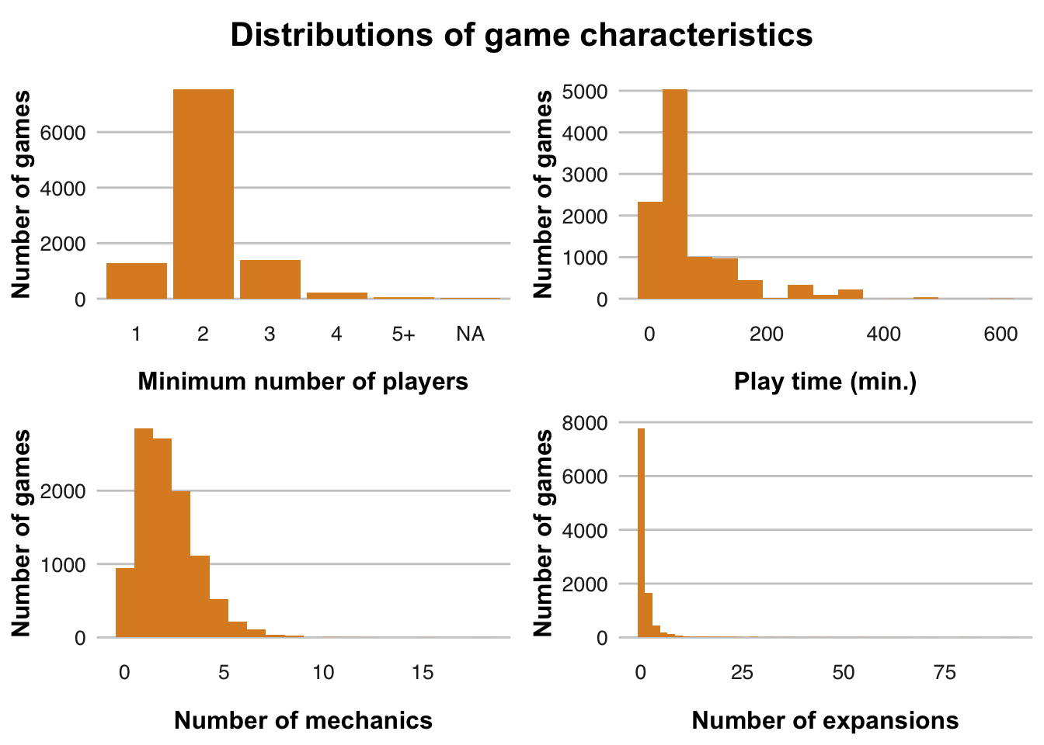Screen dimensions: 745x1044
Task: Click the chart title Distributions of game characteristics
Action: coord(521,35)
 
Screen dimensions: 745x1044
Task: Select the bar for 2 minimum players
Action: coord(204,194)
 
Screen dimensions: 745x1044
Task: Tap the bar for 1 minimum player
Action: coord(137,281)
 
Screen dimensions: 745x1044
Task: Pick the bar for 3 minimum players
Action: coord(270,279)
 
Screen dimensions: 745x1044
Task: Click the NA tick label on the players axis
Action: coord(470,334)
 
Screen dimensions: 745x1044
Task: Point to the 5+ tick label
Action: coord(403,334)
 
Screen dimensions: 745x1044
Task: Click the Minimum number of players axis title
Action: coord(303,382)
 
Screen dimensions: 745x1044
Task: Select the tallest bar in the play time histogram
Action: coord(675,194)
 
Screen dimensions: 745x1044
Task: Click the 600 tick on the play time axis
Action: coord(1000,334)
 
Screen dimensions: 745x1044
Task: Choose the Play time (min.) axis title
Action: coord(825,382)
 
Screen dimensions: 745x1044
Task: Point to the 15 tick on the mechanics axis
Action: coord(423,673)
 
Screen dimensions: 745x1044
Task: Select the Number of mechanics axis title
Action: coord(303,721)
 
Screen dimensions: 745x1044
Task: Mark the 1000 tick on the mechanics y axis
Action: coord(68,565)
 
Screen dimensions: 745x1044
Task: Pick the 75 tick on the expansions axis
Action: coord(945,673)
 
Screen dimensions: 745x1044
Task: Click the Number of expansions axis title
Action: coord(825,721)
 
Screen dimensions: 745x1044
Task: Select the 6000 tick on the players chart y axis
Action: coord(68,133)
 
